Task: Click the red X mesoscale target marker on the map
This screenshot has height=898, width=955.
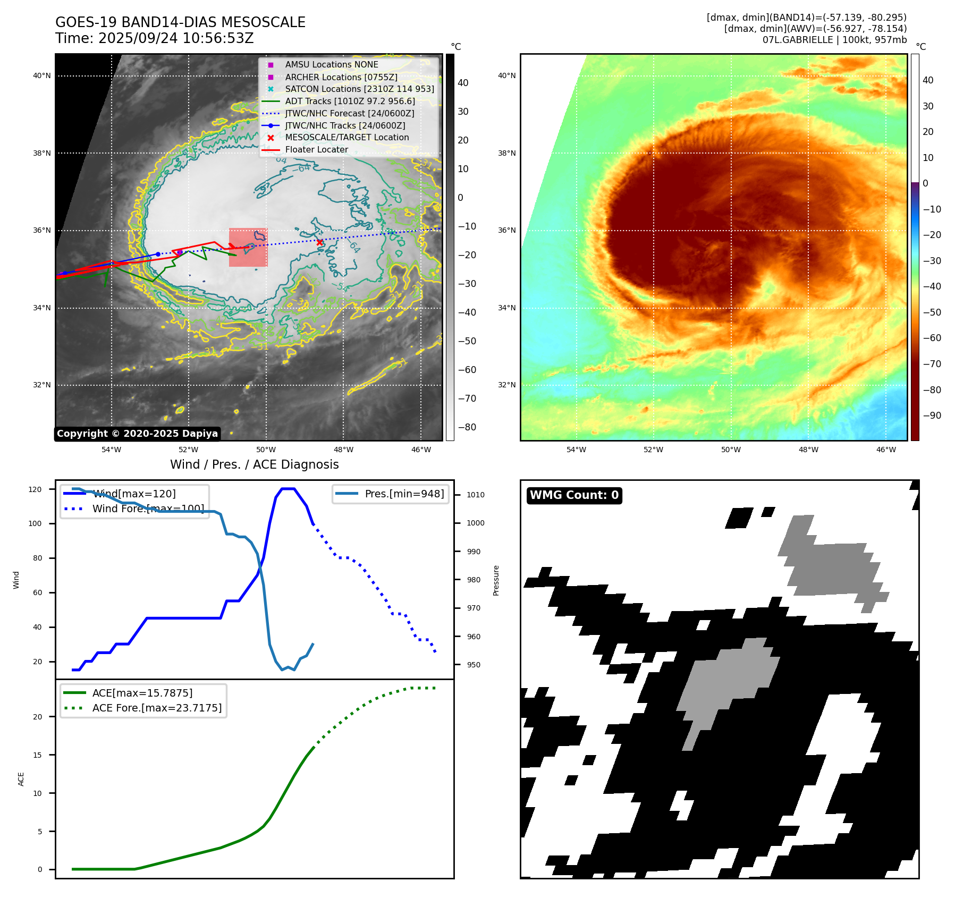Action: point(319,242)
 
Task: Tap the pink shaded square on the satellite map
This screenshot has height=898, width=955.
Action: point(248,247)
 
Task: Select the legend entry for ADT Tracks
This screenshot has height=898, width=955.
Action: point(350,101)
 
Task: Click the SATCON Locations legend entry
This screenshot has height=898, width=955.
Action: point(359,89)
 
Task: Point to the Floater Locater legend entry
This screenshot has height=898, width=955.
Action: point(316,150)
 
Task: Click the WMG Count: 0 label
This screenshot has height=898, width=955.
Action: point(574,495)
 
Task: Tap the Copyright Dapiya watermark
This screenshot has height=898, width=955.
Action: point(137,434)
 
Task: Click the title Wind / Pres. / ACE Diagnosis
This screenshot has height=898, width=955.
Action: point(254,464)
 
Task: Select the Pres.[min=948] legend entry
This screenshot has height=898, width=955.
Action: point(404,494)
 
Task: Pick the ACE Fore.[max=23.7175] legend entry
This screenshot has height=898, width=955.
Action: point(157,708)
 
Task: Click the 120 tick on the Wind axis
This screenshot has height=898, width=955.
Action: point(35,489)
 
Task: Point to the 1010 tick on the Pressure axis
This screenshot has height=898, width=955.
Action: point(475,495)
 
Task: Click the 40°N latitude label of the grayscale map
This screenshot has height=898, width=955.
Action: point(42,76)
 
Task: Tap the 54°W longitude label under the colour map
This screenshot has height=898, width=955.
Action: point(576,450)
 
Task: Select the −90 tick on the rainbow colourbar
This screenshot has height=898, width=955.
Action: point(932,416)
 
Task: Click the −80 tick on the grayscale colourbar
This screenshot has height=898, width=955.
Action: point(467,427)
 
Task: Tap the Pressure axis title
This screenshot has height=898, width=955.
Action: point(496,580)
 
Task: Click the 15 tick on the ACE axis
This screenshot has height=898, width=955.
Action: point(37,755)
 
